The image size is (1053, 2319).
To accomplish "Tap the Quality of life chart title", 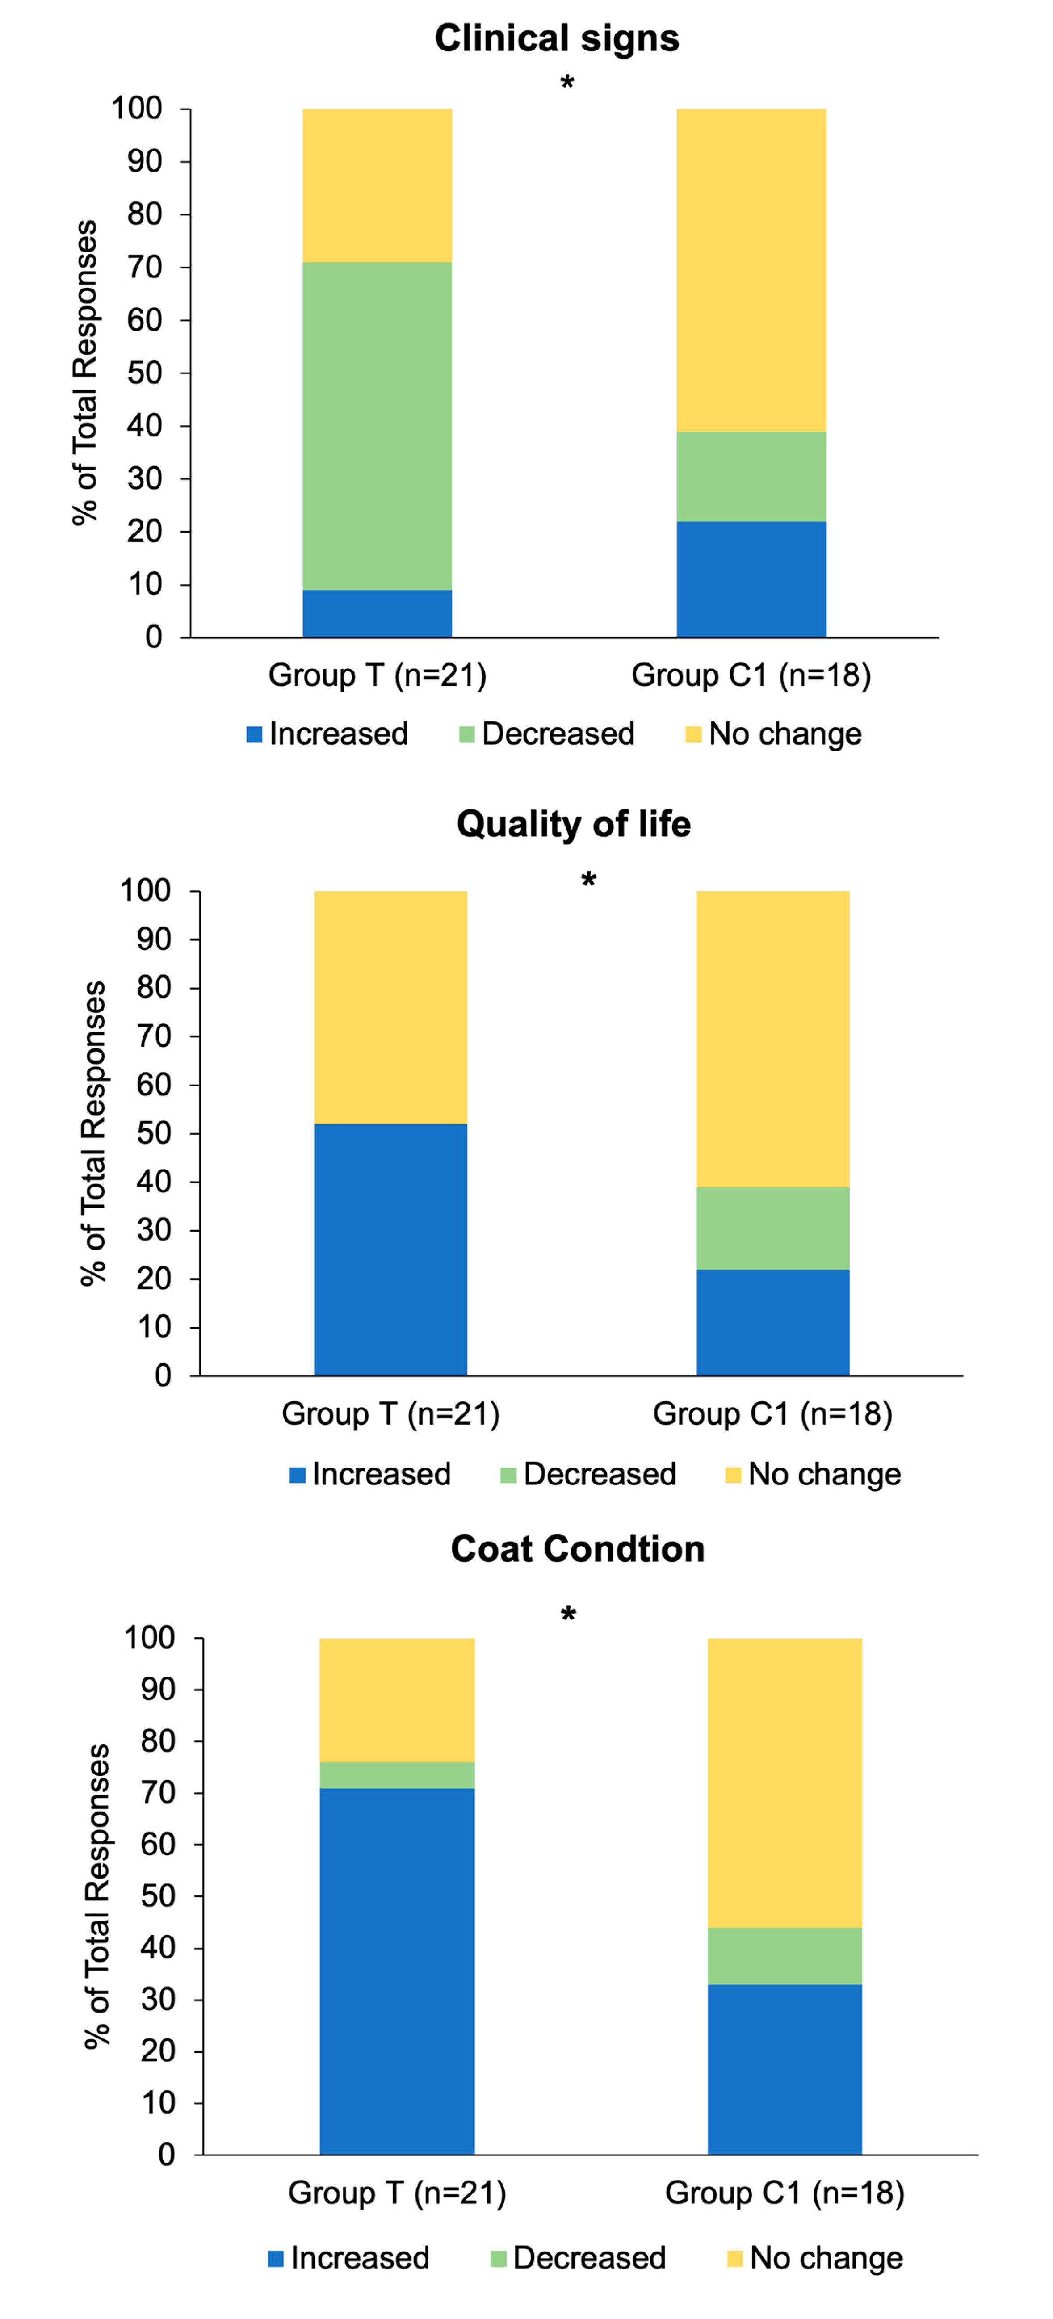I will point(573,824).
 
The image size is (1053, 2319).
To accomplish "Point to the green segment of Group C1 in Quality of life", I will point(772,1228).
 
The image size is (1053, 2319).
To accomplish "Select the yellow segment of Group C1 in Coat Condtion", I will point(784,1782).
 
